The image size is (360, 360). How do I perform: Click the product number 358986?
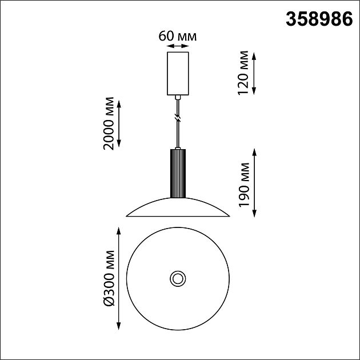point(319,19)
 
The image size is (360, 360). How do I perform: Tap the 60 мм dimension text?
point(178,36)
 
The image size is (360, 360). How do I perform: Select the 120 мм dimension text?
point(243,73)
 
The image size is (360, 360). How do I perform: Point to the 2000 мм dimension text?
point(109,123)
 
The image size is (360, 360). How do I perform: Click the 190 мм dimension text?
point(243,185)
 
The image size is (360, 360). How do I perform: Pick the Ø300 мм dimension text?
point(109,278)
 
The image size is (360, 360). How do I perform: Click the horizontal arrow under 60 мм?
point(178,46)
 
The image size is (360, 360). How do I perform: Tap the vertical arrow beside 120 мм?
point(254,73)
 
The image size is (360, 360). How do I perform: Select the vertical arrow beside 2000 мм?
point(119,123)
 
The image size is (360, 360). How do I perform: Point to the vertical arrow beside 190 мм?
point(254,183)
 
